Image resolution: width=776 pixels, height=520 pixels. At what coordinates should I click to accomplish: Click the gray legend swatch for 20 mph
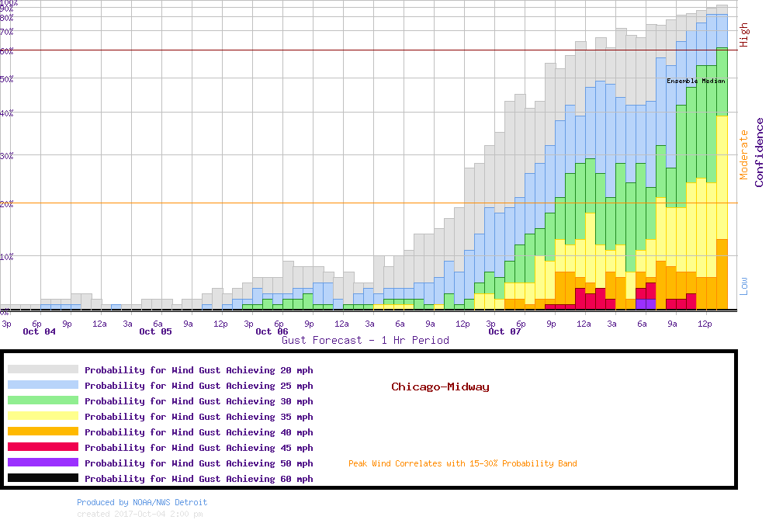43,370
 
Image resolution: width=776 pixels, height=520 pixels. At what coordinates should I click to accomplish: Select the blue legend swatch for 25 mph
43,386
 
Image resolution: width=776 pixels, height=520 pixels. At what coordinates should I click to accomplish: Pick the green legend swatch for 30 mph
43,401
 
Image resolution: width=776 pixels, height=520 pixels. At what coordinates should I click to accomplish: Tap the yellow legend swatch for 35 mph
43,417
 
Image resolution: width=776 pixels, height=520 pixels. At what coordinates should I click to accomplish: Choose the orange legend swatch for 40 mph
43,432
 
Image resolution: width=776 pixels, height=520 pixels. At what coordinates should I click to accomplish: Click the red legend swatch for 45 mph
43,448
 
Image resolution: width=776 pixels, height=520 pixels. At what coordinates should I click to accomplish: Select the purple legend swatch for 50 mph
43,463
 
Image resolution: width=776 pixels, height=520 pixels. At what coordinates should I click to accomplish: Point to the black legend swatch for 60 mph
43,479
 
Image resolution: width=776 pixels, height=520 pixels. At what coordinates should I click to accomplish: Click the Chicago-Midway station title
440,387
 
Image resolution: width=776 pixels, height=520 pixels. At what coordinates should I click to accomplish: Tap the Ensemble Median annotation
696,81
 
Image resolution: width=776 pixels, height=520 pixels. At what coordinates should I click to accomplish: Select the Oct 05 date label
155,331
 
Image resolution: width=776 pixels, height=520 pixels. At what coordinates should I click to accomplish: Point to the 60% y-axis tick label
7,51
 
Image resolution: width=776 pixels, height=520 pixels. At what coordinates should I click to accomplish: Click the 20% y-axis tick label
7,203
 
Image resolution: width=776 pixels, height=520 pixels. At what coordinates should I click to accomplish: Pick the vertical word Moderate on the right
743,154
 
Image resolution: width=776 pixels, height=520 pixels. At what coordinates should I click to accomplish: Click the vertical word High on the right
743,35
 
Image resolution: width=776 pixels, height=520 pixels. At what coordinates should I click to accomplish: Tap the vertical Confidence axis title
759,152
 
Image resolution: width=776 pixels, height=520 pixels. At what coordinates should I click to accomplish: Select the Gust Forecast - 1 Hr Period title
365,340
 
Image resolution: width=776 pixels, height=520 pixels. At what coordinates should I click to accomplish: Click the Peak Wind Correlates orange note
462,464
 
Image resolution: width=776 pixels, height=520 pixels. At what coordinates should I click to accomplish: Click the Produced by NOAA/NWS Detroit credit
142,502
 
